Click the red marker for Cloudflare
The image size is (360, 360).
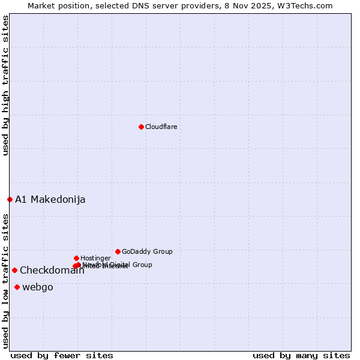tap(141, 127)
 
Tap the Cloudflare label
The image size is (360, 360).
tap(161, 127)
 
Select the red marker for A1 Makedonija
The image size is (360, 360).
tap(10, 199)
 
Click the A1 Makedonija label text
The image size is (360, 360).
tap(50, 200)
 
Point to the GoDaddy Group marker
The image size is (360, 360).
tap(118, 251)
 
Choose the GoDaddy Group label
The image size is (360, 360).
tap(147, 252)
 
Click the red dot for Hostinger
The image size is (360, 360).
tap(76, 258)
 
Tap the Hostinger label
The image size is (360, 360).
tap(95, 259)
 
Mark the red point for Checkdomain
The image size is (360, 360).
tap(14, 270)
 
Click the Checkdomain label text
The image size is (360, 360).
tap(52, 271)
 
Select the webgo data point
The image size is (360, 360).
tap(17, 287)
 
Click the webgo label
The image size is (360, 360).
tap(38, 287)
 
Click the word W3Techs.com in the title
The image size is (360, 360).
tap(308, 5)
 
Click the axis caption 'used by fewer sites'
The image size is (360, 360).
tap(62, 355)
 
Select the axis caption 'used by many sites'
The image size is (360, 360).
tap(301, 355)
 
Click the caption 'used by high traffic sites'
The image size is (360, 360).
tap(5, 85)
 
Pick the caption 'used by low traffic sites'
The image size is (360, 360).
tap(5, 281)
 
